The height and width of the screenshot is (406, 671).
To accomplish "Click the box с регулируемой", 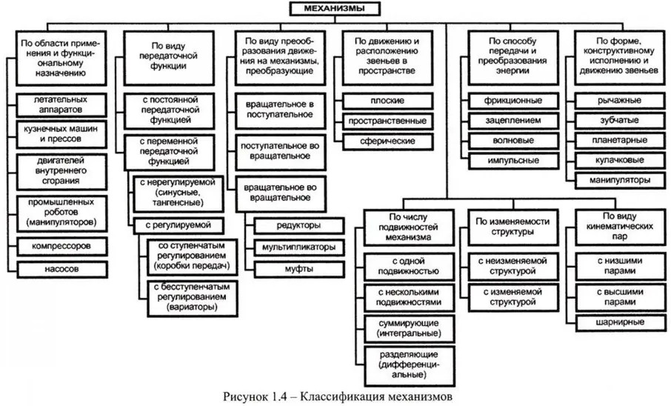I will (180, 224).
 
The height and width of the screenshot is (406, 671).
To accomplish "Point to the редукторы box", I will (299, 224).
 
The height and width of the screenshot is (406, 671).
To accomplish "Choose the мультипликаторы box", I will (299, 246).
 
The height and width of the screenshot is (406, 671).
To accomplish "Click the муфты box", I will (299, 267).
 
